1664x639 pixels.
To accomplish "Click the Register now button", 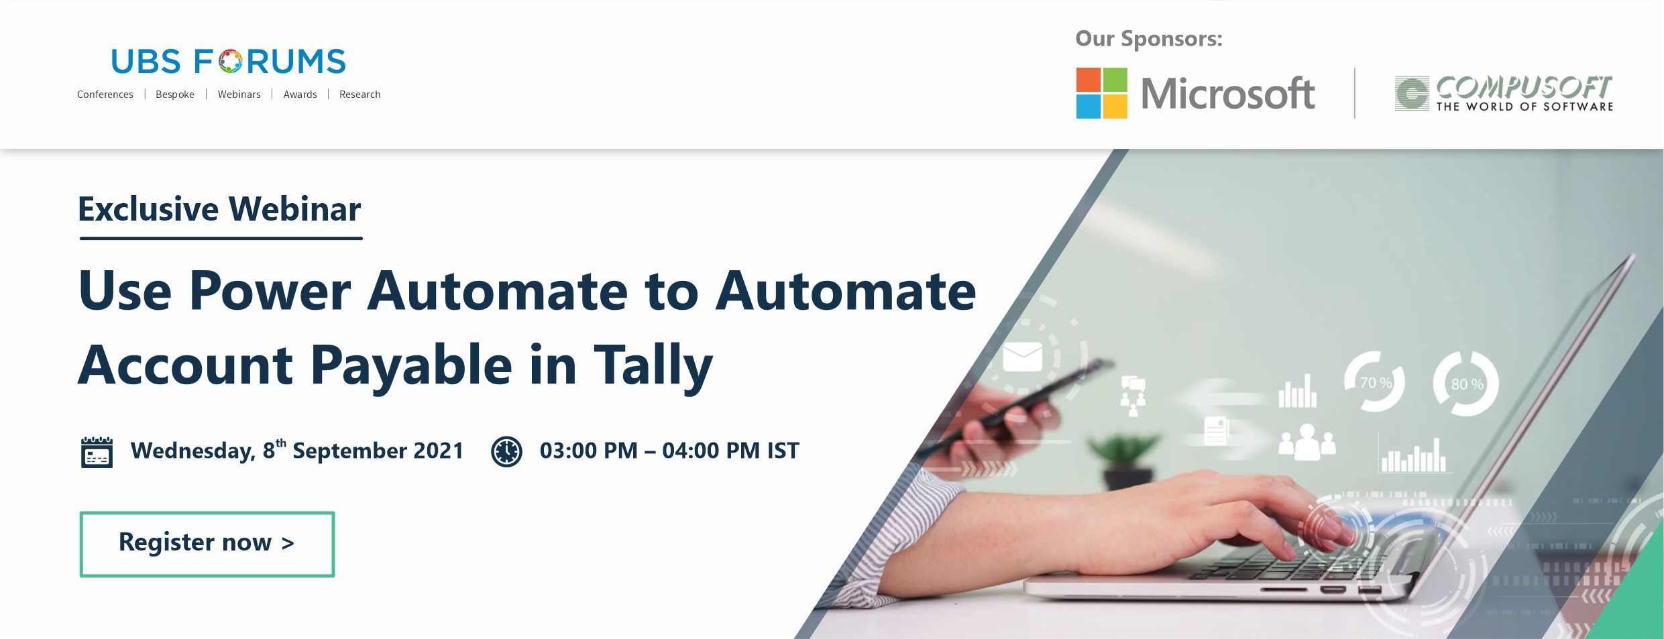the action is (x=207, y=544).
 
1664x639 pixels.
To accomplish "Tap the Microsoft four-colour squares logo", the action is (x=1101, y=93).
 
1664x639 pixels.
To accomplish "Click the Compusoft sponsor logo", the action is (x=1504, y=93).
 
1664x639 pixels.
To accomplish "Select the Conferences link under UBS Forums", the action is (x=105, y=95).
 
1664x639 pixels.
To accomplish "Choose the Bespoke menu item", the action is (x=175, y=95).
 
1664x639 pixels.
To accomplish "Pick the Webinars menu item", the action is (x=239, y=95).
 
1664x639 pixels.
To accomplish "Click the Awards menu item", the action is (x=300, y=95).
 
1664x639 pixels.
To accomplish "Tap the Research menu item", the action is (x=359, y=95).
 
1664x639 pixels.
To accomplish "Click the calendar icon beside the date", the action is (x=97, y=452).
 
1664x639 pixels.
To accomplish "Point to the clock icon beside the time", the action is (x=506, y=451).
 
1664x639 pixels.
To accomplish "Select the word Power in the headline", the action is (x=270, y=291).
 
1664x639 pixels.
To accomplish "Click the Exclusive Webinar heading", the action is (x=219, y=209).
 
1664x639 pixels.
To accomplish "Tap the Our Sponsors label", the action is (x=1149, y=39).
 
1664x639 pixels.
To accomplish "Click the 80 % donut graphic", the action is (x=1466, y=384).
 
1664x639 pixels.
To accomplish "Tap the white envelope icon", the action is (x=1022, y=357).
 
